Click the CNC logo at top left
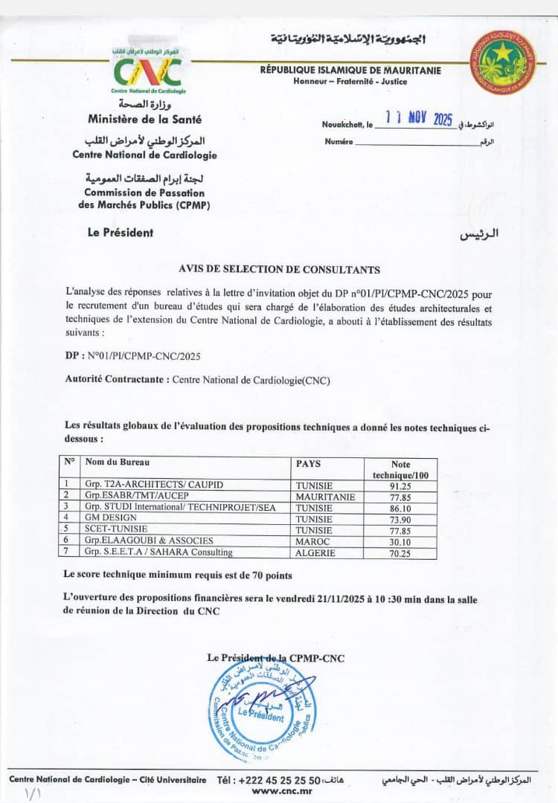click(x=148, y=71)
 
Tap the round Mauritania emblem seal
click(x=503, y=62)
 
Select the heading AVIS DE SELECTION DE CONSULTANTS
click(x=279, y=270)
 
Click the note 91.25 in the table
click(x=400, y=485)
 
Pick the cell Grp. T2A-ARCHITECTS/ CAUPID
click(x=154, y=485)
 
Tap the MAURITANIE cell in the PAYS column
click(x=325, y=496)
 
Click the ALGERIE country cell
click(x=315, y=552)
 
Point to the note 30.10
click(x=400, y=541)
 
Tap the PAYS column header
click(x=308, y=463)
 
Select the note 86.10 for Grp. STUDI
click(x=400, y=507)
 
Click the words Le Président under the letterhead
click(x=121, y=233)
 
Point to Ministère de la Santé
click(x=144, y=119)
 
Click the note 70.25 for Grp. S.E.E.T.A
click(x=400, y=552)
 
